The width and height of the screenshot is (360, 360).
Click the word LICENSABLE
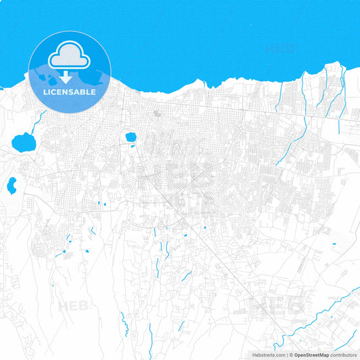[70, 91]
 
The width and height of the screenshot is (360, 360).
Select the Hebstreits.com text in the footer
[268, 355]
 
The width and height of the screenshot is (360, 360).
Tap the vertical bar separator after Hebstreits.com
[288, 355]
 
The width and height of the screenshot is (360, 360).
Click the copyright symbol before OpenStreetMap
[292, 355]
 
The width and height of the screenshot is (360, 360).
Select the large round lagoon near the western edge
[24, 142]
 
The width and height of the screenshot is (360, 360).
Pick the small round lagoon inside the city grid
[131, 137]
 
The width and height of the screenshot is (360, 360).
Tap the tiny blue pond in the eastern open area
[334, 244]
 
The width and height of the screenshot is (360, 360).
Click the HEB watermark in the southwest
[73, 305]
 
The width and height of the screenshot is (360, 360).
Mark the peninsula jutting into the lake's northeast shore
[332, 69]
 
